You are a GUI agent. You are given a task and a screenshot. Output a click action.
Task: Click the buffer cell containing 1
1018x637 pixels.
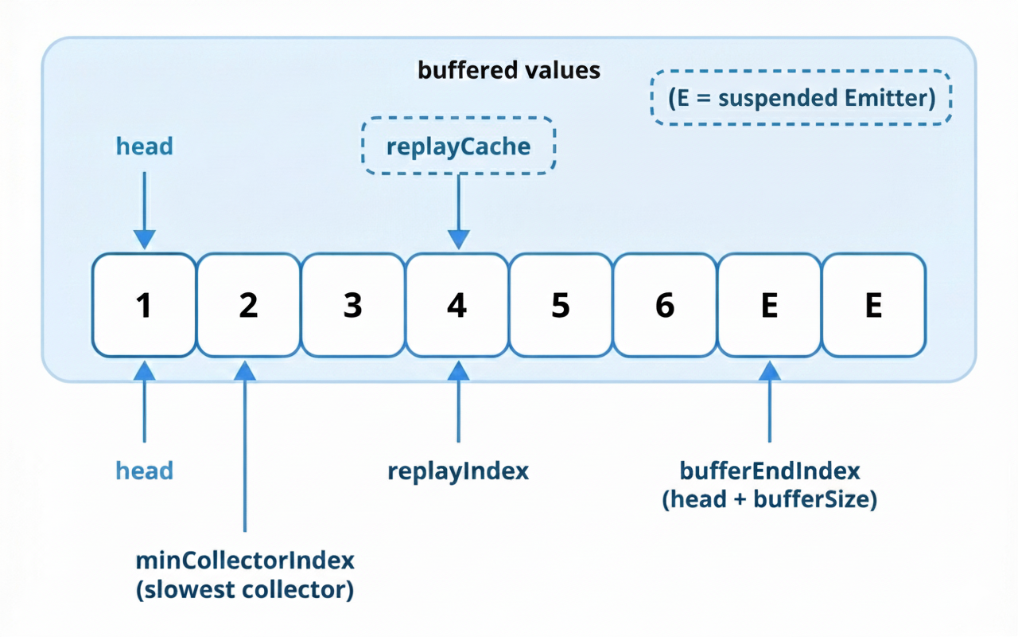click(x=144, y=305)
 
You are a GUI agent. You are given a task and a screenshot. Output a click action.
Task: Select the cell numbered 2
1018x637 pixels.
click(x=248, y=305)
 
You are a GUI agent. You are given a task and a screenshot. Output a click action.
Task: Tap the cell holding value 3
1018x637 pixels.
click(x=352, y=305)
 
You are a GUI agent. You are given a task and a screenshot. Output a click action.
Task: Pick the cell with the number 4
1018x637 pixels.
click(x=457, y=305)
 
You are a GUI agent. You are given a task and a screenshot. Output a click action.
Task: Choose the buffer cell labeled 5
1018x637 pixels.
click(x=561, y=305)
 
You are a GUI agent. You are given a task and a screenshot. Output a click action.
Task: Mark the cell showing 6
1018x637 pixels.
click(x=665, y=305)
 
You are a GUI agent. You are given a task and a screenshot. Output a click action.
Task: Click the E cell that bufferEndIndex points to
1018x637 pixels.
click(x=769, y=305)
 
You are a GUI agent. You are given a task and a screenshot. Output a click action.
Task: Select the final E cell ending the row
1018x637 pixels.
click(x=873, y=305)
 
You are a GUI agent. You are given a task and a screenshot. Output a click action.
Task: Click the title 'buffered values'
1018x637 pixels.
click(x=509, y=70)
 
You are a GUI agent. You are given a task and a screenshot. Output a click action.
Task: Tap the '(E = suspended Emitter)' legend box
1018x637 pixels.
click(x=801, y=97)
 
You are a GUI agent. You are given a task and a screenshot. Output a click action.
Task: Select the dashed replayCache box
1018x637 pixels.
click(x=459, y=146)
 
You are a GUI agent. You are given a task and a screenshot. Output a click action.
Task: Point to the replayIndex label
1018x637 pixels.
click(x=458, y=471)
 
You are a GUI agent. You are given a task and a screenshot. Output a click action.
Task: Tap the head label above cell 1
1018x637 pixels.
click(x=144, y=147)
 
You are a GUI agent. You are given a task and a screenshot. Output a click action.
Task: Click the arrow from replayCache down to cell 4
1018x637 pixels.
click(x=459, y=211)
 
